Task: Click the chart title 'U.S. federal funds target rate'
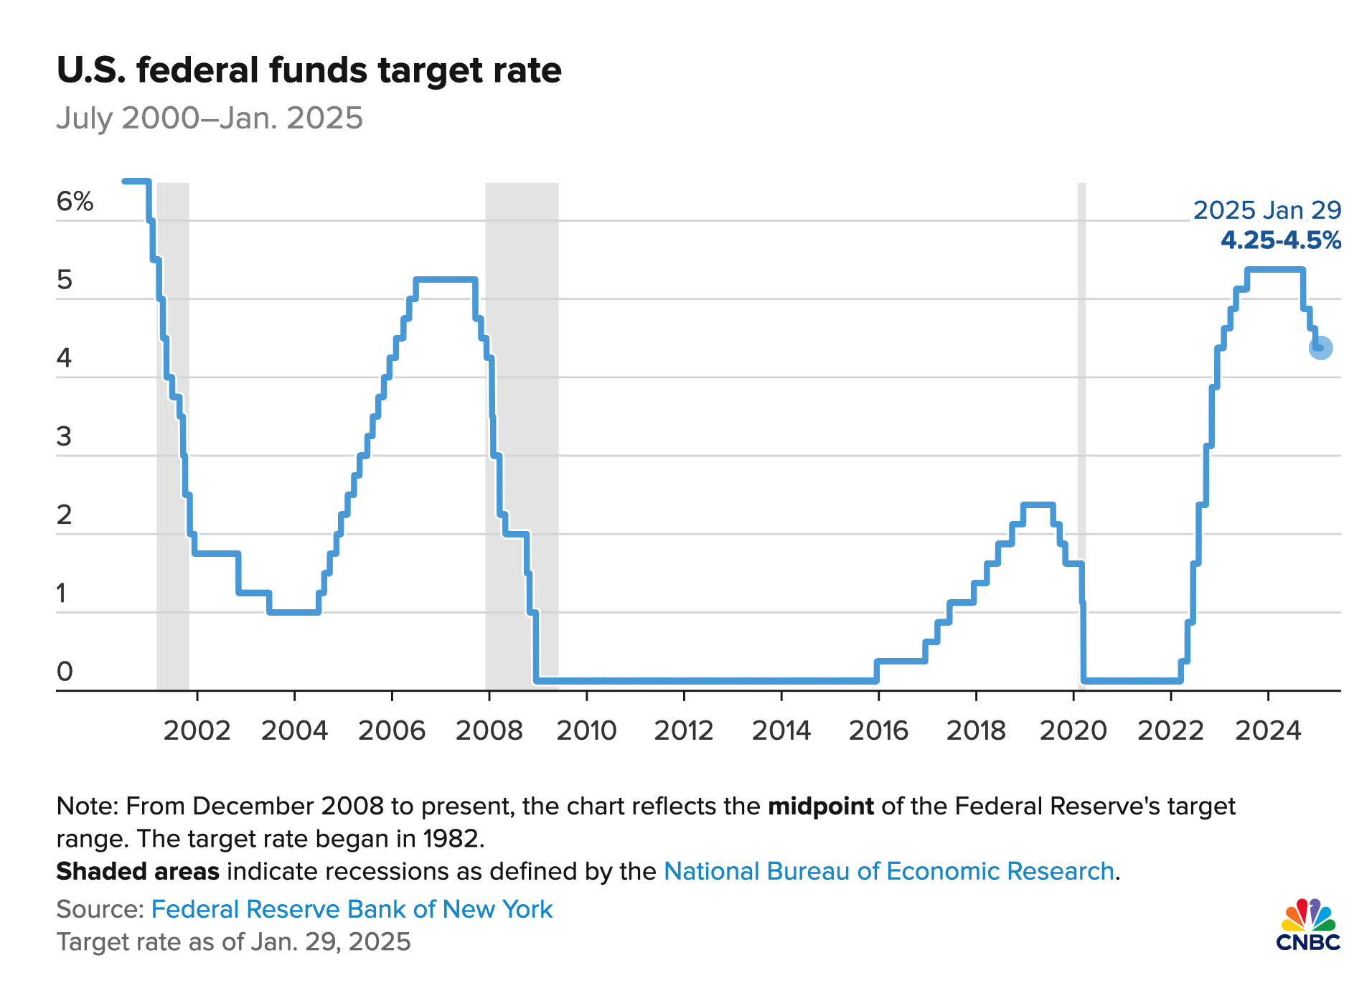click(309, 70)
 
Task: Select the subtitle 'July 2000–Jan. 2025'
click(210, 118)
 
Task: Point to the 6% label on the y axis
click(75, 202)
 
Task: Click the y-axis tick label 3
click(65, 436)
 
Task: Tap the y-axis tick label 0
click(65, 672)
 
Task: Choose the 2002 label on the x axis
click(197, 730)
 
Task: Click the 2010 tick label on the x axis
click(586, 730)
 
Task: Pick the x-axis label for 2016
click(878, 730)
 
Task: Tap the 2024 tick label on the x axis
click(1268, 730)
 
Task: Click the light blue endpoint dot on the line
click(1320, 348)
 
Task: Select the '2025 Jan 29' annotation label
click(1267, 210)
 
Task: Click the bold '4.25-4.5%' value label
click(1281, 240)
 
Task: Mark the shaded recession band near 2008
click(522, 431)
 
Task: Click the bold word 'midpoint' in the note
click(820, 807)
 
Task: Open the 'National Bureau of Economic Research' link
click(888, 871)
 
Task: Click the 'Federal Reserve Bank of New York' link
click(352, 909)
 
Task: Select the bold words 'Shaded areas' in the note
click(138, 871)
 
